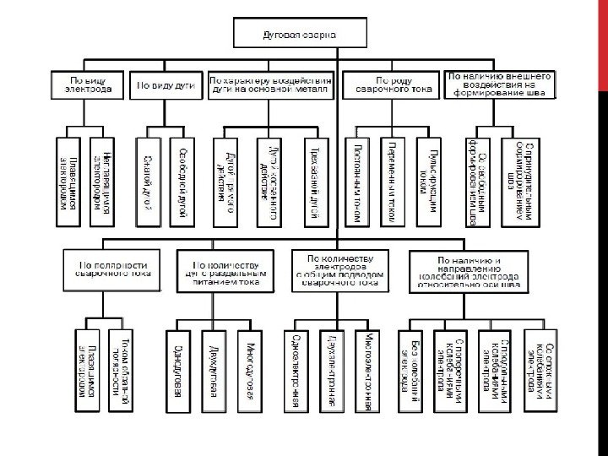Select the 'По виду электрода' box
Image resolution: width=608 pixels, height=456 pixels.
pos(91,84)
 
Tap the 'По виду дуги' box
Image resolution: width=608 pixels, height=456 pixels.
pos(164,84)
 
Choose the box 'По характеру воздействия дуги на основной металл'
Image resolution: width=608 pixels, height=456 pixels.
pos(270,84)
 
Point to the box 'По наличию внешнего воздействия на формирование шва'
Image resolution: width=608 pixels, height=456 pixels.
pos(501,84)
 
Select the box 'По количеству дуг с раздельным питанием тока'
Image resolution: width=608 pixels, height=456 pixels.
pos(225,270)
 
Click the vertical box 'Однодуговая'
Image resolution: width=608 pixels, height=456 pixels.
pos(178,370)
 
